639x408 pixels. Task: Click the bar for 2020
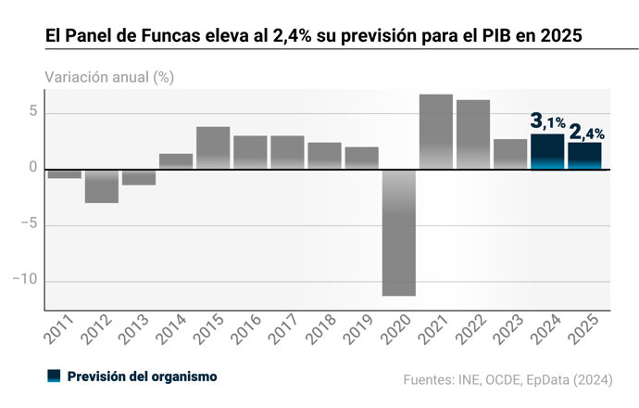399,232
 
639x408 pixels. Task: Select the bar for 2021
436,132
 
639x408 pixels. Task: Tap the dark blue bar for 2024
547,152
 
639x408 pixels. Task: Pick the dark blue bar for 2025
584,156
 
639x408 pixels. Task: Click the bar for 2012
102,185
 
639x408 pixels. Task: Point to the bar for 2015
213,147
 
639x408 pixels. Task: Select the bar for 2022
473,134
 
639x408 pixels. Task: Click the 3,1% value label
547,121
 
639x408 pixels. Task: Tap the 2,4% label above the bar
586,131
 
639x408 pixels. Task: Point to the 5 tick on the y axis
32,113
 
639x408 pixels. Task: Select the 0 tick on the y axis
32,169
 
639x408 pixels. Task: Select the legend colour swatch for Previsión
54,376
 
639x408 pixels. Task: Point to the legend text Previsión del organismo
142,376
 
